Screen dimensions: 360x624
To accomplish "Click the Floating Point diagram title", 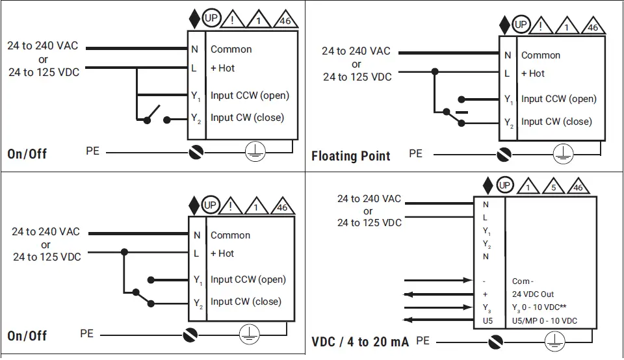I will pos(351,156).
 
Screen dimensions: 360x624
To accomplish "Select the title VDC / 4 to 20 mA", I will pos(360,342).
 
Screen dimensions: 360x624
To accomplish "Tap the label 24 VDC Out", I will pos(533,294).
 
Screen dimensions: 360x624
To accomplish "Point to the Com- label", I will pos(522,281).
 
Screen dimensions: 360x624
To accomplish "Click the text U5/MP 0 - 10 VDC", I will pos(545,320).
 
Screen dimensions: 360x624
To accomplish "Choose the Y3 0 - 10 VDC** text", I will pos(543,307).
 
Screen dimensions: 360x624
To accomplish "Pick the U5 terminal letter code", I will pos(486,320).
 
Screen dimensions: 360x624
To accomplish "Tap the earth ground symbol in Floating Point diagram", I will pos(563,155).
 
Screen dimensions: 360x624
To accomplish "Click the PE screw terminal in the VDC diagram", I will pos(496,341).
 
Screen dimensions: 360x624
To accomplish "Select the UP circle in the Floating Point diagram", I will pos(521,25).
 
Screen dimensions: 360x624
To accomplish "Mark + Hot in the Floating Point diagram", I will pos(533,73).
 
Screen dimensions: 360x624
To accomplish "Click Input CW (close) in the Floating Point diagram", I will pos(556,122).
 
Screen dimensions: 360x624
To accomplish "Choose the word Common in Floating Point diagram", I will pos(541,55).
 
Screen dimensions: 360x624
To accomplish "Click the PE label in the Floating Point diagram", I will pos(415,153).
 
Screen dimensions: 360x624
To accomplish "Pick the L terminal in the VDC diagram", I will pos(486,218).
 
